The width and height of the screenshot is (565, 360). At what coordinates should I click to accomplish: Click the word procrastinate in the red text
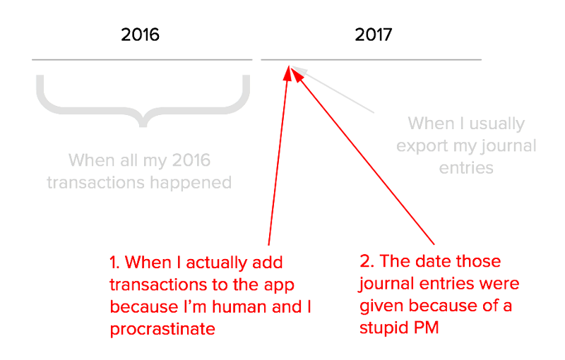[x=162, y=330]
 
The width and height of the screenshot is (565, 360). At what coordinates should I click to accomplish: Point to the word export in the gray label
[x=422, y=147]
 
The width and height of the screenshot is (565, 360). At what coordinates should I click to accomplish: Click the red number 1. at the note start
[x=116, y=263]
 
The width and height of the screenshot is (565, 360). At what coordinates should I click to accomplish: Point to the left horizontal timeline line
[x=141, y=59]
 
